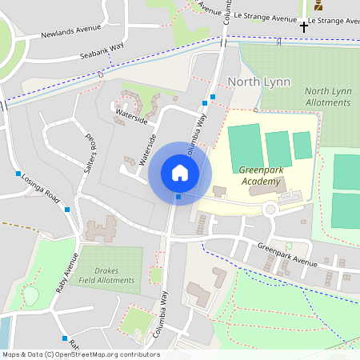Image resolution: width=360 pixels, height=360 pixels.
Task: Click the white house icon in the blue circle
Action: (180, 173)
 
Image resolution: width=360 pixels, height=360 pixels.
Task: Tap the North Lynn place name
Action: (258, 82)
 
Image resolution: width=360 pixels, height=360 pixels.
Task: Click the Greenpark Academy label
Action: (261, 175)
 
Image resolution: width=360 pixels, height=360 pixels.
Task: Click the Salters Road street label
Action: (90, 151)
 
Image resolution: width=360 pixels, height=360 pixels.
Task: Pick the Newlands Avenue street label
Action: (72, 30)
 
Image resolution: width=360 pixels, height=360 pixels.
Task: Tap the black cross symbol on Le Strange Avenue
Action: (303, 27)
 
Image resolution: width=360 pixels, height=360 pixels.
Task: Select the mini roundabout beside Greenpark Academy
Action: (270, 210)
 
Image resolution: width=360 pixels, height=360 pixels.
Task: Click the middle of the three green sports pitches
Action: (278, 148)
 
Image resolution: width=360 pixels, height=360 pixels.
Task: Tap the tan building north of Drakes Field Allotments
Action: (101, 230)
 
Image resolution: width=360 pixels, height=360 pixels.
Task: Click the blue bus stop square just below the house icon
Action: (179, 197)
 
